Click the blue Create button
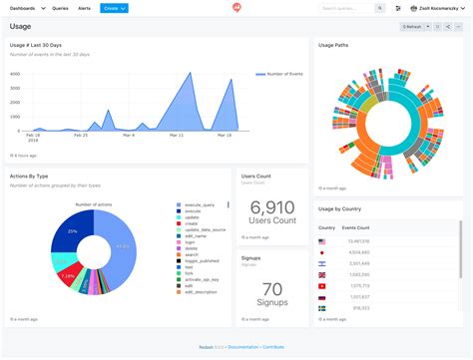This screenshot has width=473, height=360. point(114,8)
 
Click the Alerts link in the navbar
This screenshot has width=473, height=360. point(84,8)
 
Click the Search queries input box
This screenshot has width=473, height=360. point(346,8)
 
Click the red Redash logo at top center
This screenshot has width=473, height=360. point(236,8)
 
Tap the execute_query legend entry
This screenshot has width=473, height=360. point(196,205)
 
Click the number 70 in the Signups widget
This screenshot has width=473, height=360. point(271,290)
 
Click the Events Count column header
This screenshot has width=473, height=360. point(356,228)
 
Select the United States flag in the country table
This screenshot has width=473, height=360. point(322,241)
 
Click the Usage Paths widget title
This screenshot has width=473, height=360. point(333,45)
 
